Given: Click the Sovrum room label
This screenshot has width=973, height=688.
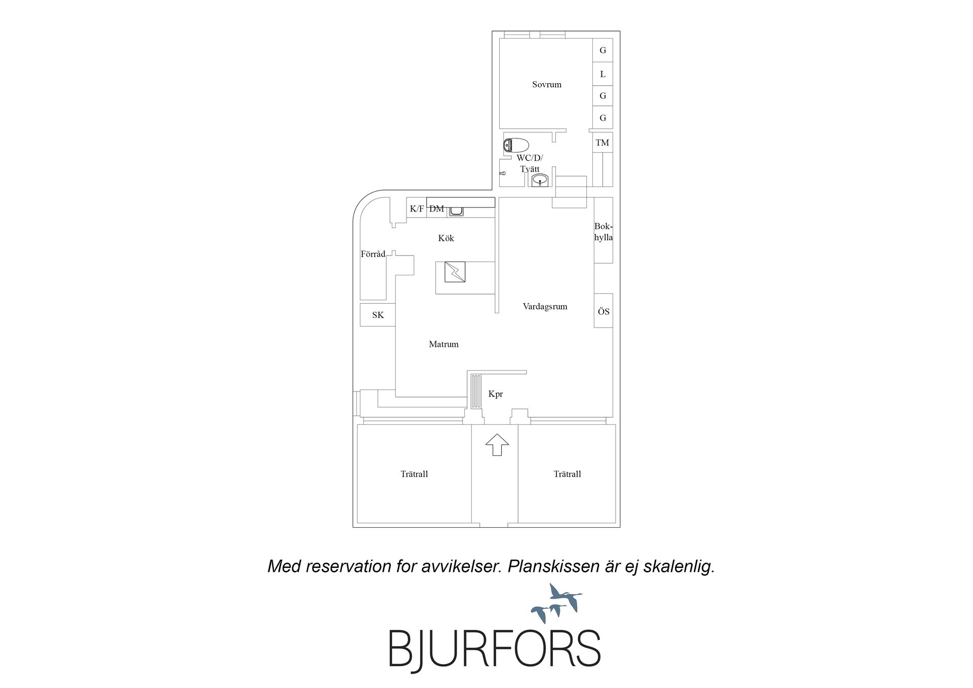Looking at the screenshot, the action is [546, 85].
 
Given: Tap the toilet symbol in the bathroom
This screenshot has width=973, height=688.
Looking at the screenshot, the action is [516, 146].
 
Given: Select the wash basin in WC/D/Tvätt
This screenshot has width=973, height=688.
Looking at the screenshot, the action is [540, 179].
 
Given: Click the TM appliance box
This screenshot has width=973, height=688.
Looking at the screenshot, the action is [603, 142].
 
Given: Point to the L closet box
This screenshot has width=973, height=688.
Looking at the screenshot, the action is [603, 74].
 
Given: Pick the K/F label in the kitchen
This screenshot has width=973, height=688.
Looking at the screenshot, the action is [417, 208].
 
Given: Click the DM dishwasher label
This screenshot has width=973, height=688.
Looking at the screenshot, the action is [436, 208].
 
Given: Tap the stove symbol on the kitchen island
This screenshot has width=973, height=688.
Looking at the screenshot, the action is [455, 272].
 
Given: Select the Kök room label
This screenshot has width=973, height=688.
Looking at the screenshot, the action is [446, 238].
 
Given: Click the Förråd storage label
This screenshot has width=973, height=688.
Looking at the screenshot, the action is [373, 254].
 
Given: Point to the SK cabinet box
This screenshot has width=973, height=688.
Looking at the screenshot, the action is [378, 315].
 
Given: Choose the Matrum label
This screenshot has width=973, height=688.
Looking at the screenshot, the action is [443, 344].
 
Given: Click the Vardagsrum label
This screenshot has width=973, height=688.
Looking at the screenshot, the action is [545, 306].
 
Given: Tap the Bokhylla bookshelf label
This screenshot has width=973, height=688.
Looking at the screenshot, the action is [603, 232].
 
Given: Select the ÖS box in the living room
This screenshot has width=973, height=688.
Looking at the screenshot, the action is [603, 311].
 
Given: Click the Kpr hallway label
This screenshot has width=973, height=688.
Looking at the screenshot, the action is [495, 394].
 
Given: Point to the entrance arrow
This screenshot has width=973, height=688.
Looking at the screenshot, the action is [497, 445].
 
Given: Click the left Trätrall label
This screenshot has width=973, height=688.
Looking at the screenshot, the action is [414, 474].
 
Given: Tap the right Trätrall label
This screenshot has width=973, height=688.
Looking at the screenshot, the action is [567, 474].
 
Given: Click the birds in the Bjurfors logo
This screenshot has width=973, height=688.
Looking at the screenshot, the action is [556, 603].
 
